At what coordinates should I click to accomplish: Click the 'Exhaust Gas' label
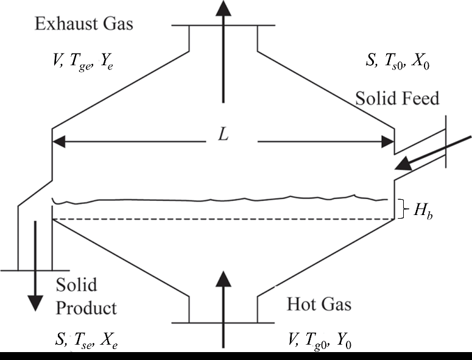tap(84, 25)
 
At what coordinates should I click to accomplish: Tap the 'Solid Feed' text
tap(398, 99)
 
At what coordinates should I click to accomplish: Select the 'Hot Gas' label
tap(319, 303)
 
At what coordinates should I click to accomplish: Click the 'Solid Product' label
tap(86, 296)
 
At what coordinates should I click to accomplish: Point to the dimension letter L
tap(224, 135)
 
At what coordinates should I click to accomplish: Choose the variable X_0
tap(421, 62)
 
